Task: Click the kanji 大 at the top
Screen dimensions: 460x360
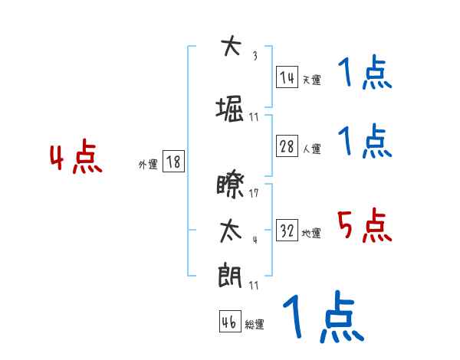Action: click(x=229, y=47)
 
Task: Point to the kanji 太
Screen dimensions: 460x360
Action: click(x=229, y=231)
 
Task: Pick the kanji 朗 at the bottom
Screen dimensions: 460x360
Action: click(x=229, y=275)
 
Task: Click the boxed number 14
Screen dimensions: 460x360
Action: click(x=287, y=77)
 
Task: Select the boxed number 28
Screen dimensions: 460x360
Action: click(x=287, y=147)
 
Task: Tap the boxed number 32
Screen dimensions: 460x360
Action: click(x=287, y=231)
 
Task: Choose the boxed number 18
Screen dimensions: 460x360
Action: click(x=173, y=162)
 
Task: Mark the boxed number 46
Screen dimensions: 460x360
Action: click(x=229, y=322)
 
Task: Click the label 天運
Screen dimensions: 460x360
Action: click(x=311, y=80)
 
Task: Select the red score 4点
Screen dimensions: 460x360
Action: click(x=76, y=159)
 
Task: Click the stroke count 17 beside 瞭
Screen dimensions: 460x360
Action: click(x=254, y=193)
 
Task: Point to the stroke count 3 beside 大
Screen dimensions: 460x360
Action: click(x=255, y=56)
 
